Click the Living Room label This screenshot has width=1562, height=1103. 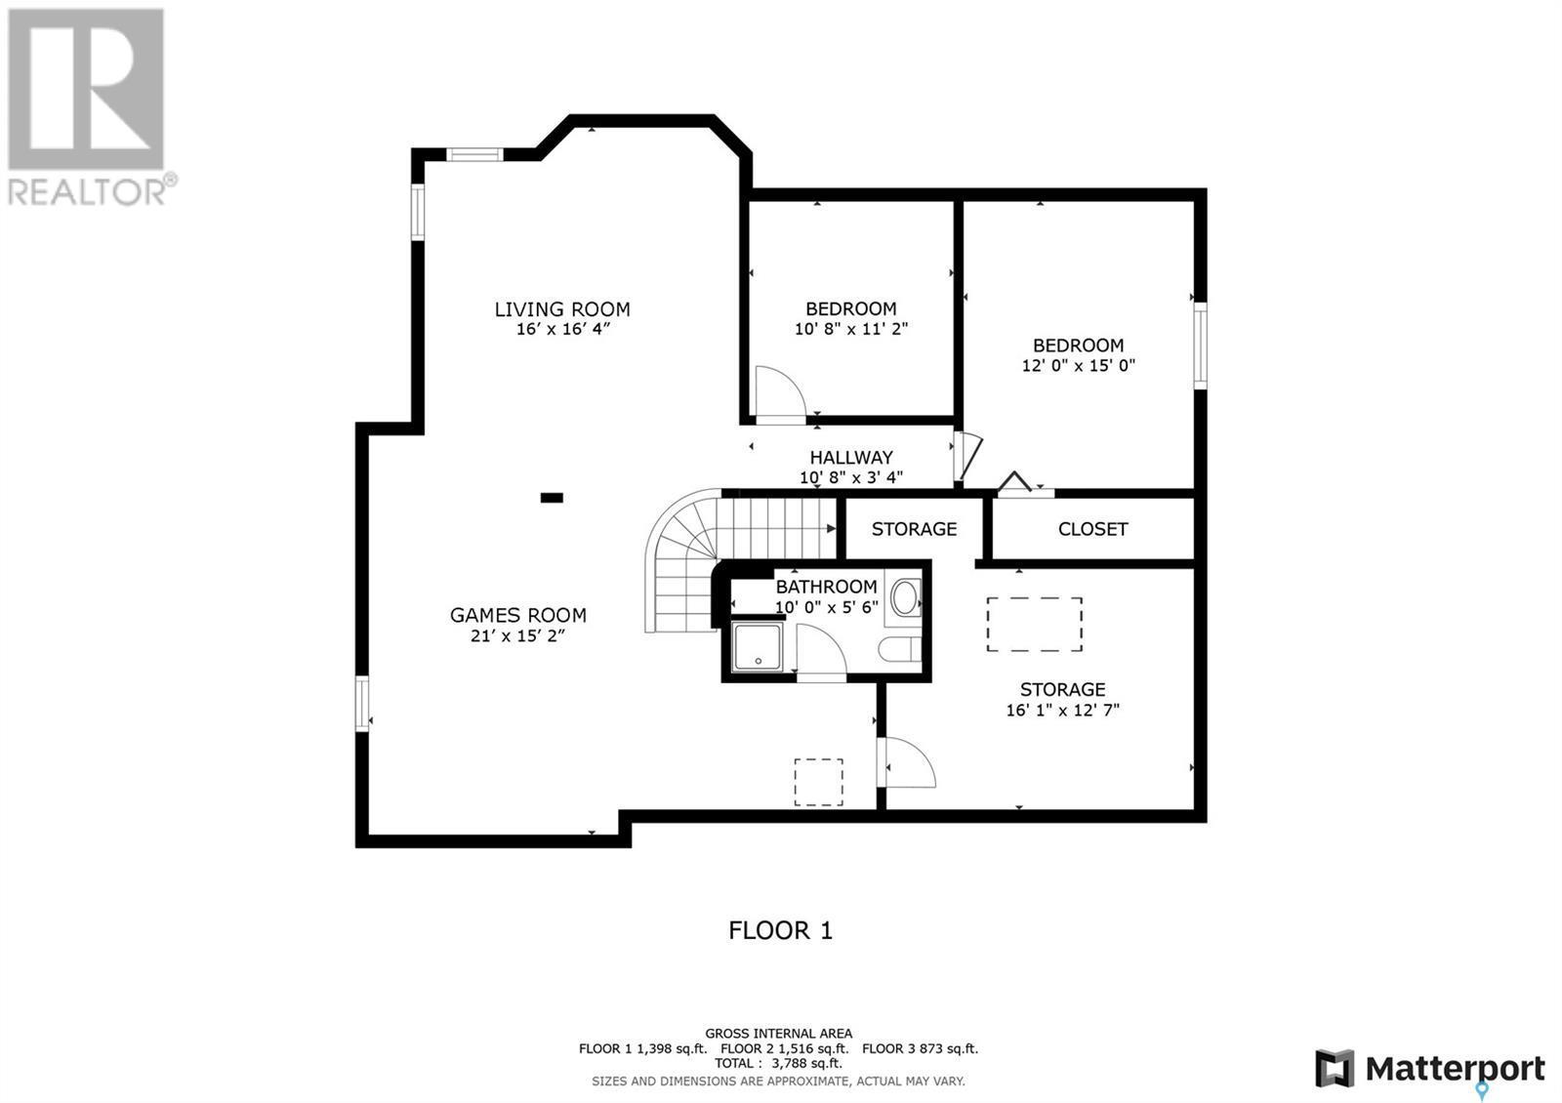pos(561,309)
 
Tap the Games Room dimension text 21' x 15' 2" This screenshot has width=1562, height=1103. pos(517,636)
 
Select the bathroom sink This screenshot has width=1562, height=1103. pos(905,597)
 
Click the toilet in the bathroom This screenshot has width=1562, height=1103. pos(899,649)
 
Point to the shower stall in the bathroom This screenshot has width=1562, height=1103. pos(758,648)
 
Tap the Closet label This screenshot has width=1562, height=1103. pos(1092,529)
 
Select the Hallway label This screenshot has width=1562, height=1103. pos(850,457)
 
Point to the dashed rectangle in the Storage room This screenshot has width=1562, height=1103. pos(1034,625)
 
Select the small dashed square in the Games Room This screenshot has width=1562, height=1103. pos(818,782)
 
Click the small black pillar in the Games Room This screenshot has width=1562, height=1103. pos(552,498)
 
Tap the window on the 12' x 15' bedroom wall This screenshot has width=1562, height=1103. pos(1200,346)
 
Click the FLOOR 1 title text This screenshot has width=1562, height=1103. pos(780,930)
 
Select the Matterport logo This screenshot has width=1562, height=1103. pos(1429,1069)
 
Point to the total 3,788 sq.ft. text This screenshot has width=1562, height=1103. pos(778,1063)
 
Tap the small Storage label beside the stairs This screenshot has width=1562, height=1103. pos(914,529)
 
